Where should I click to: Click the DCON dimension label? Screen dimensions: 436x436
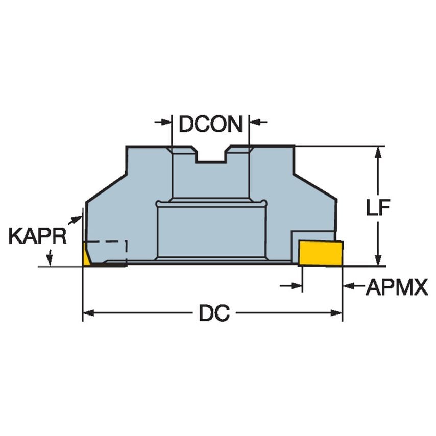(x=210, y=124)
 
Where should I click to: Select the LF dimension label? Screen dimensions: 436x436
(x=378, y=208)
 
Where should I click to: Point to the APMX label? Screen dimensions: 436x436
(x=397, y=288)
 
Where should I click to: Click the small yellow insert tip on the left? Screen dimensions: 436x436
(x=86, y=255)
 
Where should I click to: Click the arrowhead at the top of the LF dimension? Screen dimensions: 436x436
(x=378, y=152)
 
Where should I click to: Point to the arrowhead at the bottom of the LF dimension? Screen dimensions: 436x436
(x=378, y=261)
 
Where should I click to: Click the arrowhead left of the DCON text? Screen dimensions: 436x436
(x=166, y=122)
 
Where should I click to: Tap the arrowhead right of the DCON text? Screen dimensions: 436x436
(x=254, y=122)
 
